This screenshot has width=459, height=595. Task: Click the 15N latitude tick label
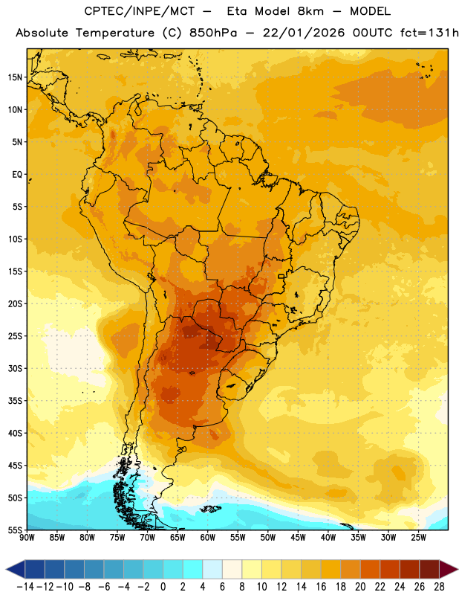click(x=15, y=77)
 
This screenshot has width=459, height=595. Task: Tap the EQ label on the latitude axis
click(x=17, y=175)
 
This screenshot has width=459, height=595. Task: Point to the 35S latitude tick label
click(x=15, y=401)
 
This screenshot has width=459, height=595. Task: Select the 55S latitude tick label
click(x=15, y=530)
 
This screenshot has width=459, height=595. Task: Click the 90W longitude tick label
click(x=27, y=538)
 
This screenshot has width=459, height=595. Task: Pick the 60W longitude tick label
click(x=208, y=538)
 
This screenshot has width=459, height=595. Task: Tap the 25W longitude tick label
click(x=419, y=538)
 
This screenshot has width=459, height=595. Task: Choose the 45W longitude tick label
click(x=299, y=538)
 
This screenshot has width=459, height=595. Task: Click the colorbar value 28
click(x=439, y=587)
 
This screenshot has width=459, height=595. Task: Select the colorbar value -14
click(x=25, y=587)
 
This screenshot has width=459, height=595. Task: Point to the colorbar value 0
click(x=163, y=587)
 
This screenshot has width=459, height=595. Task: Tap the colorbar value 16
click(x=321, y=587)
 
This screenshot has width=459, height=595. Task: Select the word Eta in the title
click(x=237, y=11)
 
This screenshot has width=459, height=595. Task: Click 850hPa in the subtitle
click(x=213, y=33)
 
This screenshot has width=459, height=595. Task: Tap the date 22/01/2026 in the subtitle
click(x=304, y=33)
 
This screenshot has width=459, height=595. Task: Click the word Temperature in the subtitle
click(x=115, y=33)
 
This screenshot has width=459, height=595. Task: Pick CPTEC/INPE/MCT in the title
click(x=139, y=11)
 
